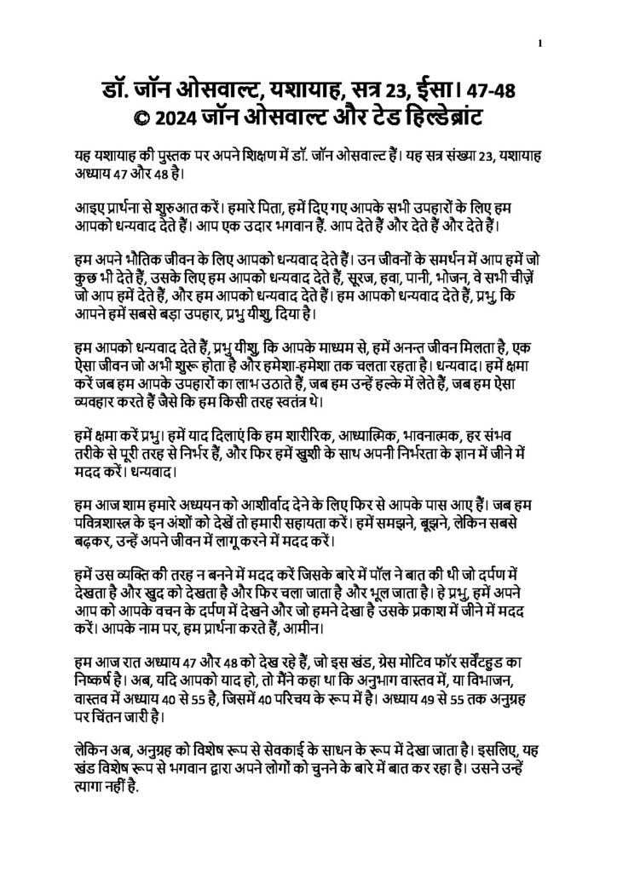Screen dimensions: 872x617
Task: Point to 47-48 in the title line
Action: pos(505,88)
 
